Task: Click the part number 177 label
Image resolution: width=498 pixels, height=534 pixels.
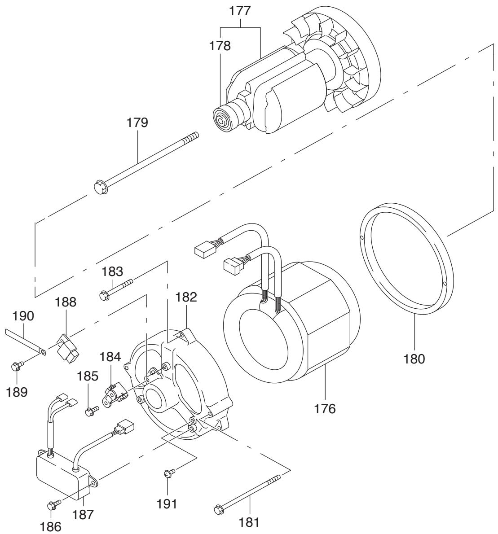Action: (x=240, y=11)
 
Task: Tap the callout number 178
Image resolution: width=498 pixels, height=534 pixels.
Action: (x=220, y=46)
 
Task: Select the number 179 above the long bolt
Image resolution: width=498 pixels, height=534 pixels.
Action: (x=137, y=122)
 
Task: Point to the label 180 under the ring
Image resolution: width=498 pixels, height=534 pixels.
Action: (x=414, y=359)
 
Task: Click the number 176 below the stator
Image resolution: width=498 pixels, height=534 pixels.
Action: (x=325, y=408)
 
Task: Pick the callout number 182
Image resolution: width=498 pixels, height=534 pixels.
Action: (x=186, y=297)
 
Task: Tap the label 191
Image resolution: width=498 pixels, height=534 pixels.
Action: (x=167, y=503)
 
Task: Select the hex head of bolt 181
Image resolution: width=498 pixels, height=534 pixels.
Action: (x=219, y=509)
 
